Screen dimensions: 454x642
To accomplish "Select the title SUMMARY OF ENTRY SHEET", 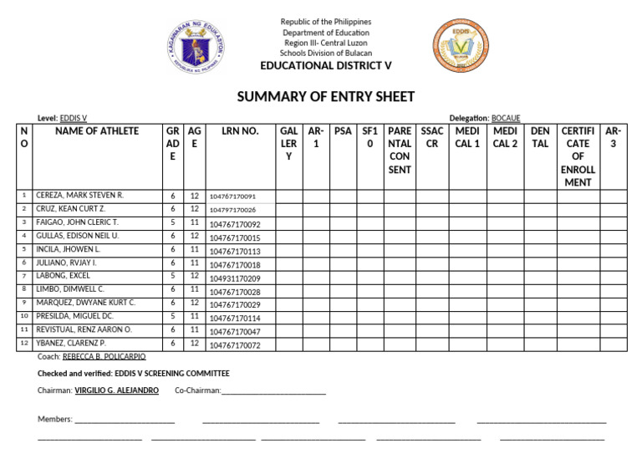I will click(325, 97).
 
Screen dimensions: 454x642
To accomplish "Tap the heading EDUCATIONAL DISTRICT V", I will click(326, 66).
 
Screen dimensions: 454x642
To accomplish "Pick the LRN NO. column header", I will click(240, 131).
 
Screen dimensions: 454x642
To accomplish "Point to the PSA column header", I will click(343, 131).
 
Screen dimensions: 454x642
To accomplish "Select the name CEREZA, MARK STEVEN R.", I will click(79, 196).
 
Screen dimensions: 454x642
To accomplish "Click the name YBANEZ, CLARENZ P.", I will click(71, 344).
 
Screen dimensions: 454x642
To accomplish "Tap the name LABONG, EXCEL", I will click(64, 276).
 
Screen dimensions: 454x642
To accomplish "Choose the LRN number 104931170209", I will click(235, 278).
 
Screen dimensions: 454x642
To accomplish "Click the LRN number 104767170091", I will click(232, 196).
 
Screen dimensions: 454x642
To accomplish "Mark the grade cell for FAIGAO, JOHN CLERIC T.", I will click(172, 223).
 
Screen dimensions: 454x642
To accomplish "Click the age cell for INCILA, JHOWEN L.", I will click(194, 250).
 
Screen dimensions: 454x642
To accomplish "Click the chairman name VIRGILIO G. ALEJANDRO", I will click(116, 390).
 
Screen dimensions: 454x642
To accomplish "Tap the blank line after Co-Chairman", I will click(273, 391).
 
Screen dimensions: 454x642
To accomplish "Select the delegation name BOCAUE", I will click(506, 119).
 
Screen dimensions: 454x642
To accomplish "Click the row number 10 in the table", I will click(25, 317).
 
